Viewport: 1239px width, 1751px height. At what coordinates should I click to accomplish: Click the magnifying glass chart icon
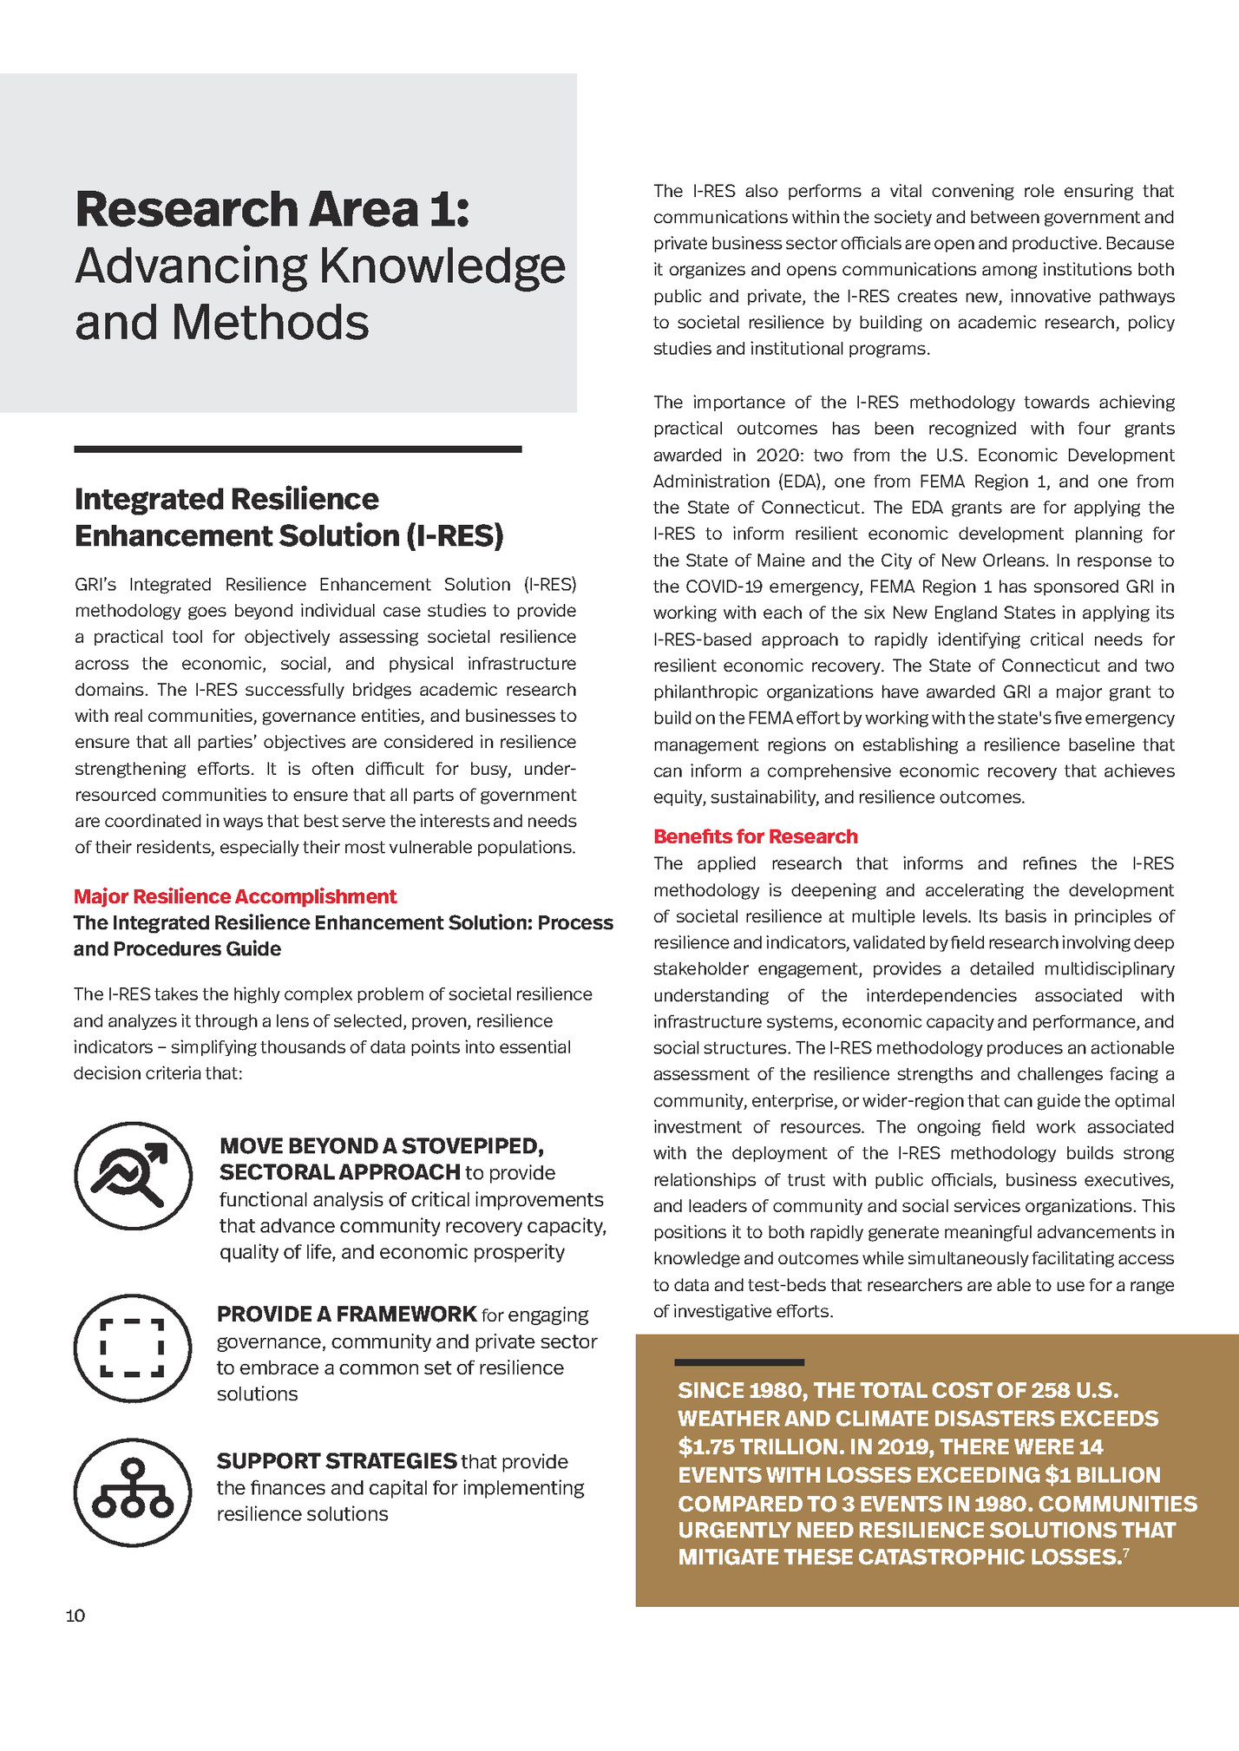(133, 1175)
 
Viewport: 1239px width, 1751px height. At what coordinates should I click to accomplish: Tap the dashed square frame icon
(133, 1348)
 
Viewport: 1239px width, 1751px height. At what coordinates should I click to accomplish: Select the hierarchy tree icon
(133, 1492)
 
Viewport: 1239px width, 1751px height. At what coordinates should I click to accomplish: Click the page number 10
(75, 1616)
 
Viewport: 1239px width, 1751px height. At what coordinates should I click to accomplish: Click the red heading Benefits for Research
(755, 836)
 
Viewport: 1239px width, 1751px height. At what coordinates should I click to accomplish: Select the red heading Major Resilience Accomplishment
(234, 896)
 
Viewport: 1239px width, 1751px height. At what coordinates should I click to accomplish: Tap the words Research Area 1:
(272, 209)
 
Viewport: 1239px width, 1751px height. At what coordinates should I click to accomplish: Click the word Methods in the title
(270, 322)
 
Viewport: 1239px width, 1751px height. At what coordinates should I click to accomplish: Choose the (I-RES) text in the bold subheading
(455, 535)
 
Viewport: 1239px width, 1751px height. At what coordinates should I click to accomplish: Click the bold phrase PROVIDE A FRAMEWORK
(346, 1314)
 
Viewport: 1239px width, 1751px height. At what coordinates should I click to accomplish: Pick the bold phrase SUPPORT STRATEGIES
(337, 1461)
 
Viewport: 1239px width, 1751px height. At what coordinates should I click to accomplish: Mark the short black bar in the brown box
(739, 1362)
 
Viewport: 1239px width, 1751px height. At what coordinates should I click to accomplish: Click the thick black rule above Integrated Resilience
(298, 449)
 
